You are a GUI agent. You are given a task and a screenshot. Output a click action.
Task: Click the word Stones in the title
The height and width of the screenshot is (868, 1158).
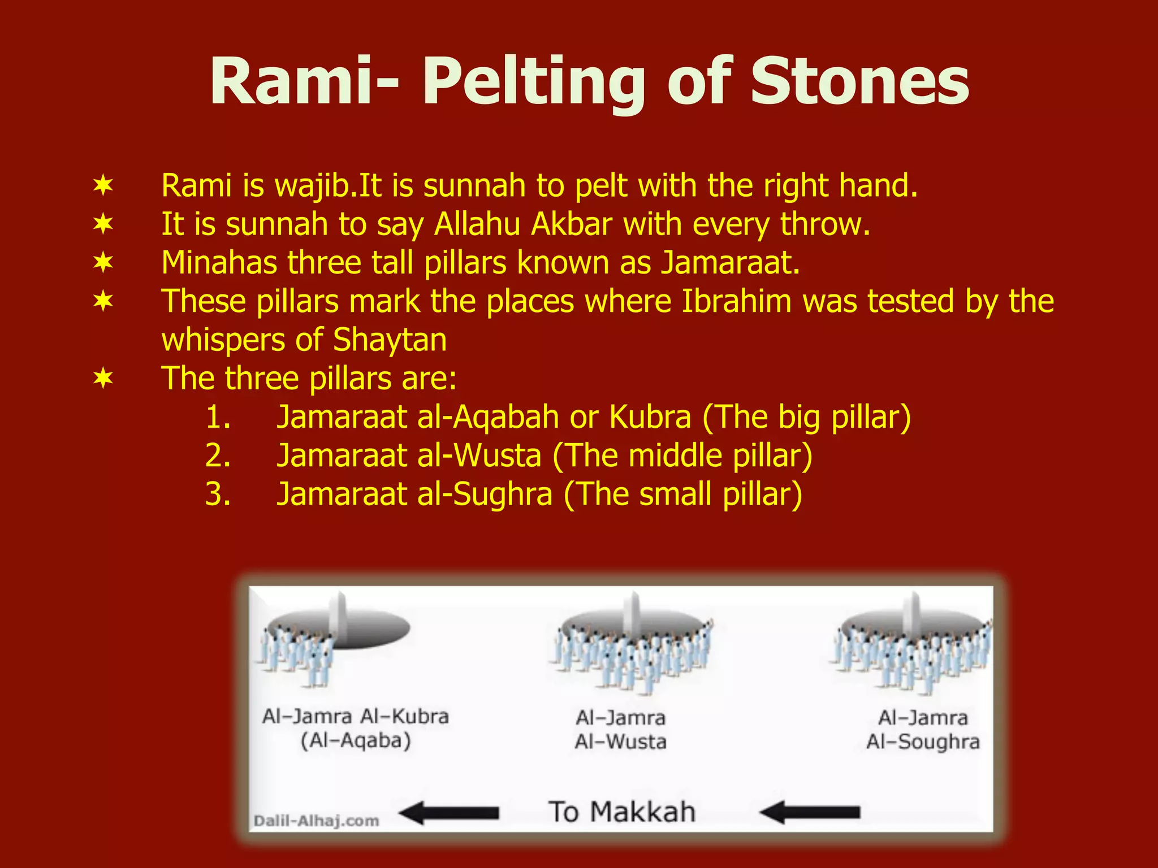coord(859,82)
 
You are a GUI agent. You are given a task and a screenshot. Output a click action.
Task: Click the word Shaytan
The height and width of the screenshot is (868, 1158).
coord(390,340)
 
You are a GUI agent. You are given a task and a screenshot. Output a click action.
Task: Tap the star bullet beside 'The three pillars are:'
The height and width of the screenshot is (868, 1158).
coord(103,378)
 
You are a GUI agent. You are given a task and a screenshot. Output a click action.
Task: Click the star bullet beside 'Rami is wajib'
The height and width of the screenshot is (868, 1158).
coord(103,185)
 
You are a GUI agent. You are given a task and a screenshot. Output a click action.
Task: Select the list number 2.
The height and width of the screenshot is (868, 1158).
coord(218,455)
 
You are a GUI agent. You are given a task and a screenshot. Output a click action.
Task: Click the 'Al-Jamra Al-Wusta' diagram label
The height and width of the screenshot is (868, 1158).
coord(621,729)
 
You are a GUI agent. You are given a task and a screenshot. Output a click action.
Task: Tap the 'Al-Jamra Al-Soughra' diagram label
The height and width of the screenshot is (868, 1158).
coord(923,729)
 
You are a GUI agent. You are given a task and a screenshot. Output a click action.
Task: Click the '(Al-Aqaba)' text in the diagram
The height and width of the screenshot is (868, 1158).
coord(356,740)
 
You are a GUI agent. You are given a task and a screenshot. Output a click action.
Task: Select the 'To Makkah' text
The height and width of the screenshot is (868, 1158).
coord(621,812)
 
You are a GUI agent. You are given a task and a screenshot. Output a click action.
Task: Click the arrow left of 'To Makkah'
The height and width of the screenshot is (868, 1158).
coord(449,813)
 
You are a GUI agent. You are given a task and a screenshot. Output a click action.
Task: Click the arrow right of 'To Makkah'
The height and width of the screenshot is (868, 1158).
coord(810,813)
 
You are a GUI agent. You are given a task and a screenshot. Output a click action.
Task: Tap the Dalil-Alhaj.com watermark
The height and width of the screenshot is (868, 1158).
coord(316,821)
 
